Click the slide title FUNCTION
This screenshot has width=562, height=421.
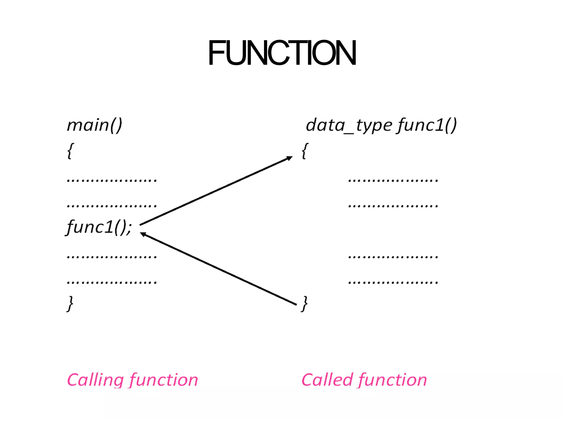[x=282, y=53]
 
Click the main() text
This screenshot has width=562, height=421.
[x=94, y=125]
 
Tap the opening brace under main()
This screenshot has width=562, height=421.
[x=70, y=151]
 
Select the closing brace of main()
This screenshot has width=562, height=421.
[x=70, y=303]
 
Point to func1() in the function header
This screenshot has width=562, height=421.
[x=427, y=125]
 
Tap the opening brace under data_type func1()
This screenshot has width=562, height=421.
[x=305, y=151]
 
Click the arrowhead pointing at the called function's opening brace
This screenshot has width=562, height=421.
[x=290, y=158]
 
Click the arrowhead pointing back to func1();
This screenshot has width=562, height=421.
[x=143, y=234]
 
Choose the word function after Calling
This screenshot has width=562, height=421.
[x=164, y=380]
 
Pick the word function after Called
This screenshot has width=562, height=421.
[x=393, y=380]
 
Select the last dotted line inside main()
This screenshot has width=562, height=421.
[x=112, y=282]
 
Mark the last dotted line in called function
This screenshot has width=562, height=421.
[x=393, y=282]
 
